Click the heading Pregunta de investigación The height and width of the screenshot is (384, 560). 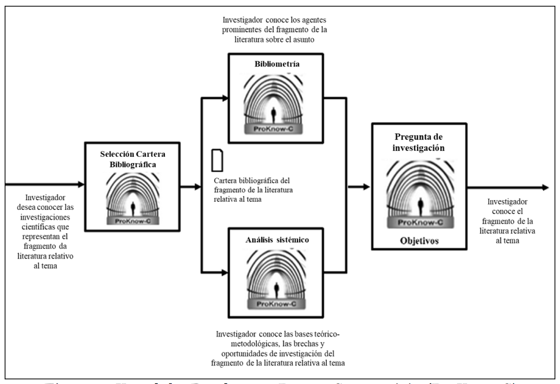tap(419, 142)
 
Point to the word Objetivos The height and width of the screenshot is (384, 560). tap(419, 239)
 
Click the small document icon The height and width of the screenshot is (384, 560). tap(217, 160)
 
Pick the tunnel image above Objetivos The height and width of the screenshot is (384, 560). tap(419, 191)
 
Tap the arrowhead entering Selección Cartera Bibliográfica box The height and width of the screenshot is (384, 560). tap(80, 185)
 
